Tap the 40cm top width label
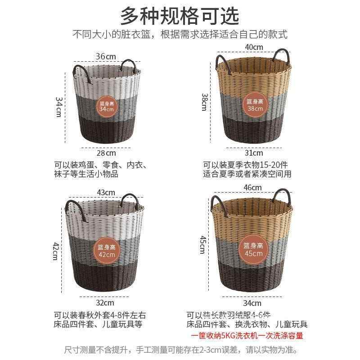[x=253, y=47]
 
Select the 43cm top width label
[x=106, y=193]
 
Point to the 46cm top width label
[x=253, y=187]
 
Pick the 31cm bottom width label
[x=253, y=153]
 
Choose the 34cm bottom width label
[x=252, y=303]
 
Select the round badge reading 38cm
[x=253, y=105]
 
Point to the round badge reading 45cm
[x=253, y=250]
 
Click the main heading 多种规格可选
[x=180, y=16]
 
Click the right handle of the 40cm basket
[x=285, y=56]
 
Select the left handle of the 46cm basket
[x=217, y=205]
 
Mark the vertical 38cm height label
[x=204, y=102]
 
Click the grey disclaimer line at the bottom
[x=180, y=349]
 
